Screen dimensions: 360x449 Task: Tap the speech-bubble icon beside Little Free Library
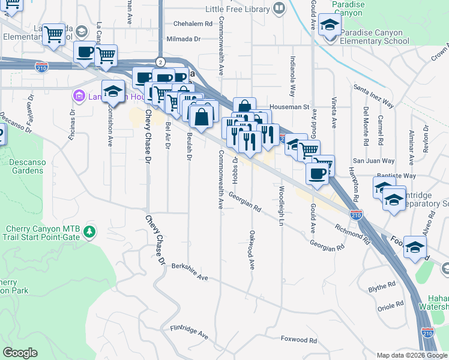click(279, 8)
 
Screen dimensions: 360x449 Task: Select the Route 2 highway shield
click(160, 62)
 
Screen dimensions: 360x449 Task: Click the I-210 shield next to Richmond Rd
click(355, 214)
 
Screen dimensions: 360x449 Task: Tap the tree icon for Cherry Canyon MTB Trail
click(89, 230)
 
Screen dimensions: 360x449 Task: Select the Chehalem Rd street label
click(193, 24)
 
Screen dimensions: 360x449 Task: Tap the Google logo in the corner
click(20, 353)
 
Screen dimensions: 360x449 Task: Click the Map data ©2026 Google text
click(412, 355)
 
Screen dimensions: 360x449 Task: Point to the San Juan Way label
click(373, 161)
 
